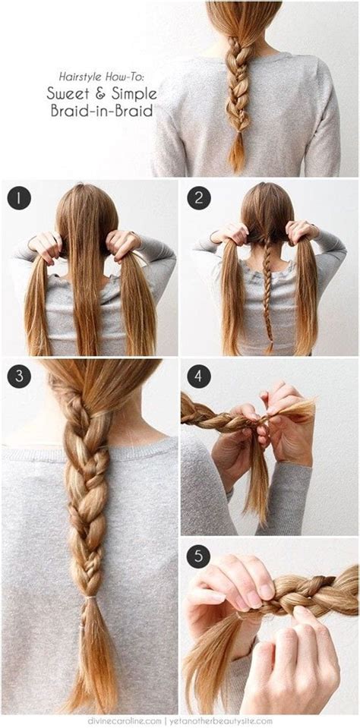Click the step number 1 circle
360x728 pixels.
18,198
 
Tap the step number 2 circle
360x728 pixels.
198,198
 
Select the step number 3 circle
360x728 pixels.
18,375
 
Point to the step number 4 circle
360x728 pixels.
198,375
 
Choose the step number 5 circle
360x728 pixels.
198,555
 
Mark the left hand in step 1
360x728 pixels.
46,244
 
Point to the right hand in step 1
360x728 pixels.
122,243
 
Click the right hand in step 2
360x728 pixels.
302,231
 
